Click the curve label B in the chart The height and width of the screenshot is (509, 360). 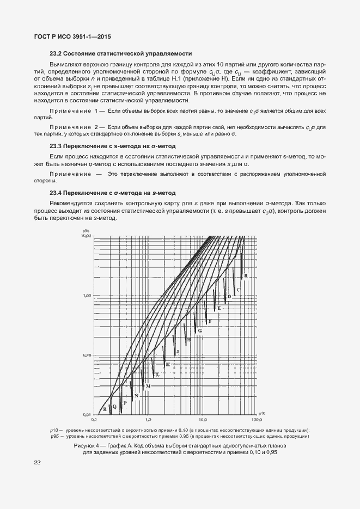246,276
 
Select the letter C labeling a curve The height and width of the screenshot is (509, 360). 239,289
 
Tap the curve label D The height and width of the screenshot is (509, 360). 229,296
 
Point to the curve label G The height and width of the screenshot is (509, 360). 200,331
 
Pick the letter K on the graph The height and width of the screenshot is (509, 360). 168,364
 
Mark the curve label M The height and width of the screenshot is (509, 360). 148,385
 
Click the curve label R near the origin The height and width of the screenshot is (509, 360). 105,409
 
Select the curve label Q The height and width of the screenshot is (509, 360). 114,407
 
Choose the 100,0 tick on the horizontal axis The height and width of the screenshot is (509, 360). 255,420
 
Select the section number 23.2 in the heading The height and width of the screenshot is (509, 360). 57,53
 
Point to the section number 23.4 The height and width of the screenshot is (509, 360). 57,193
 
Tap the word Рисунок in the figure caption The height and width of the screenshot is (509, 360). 85,445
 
